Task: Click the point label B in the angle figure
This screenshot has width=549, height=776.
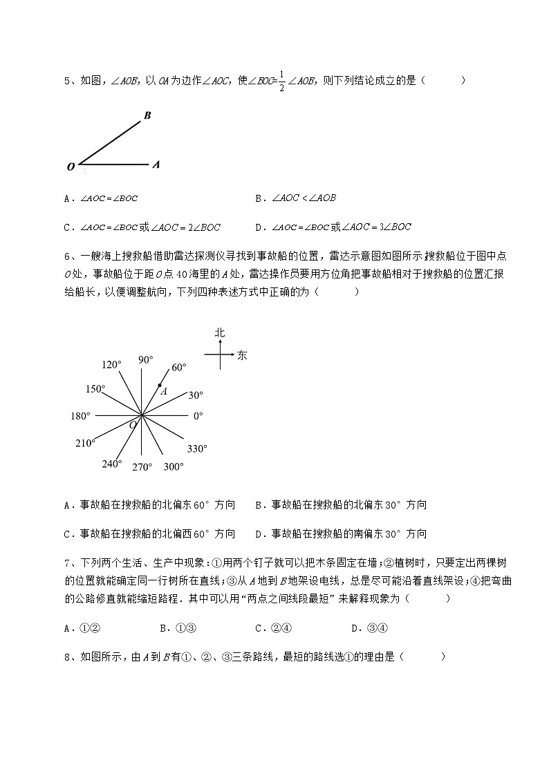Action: pos(147,115)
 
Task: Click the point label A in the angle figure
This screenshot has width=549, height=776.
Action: pos(156,165)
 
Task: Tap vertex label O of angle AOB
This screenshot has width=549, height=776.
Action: pos(71,167)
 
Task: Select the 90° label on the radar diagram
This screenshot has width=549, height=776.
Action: pos(145,359)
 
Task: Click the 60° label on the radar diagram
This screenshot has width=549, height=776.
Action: pos(178,368)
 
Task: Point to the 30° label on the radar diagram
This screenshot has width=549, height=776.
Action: pos(196,395)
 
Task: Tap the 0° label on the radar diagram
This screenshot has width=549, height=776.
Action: pos(198,416)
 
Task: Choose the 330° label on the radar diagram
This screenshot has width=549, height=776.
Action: pos(196,448)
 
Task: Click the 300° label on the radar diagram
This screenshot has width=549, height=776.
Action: pos(174,466)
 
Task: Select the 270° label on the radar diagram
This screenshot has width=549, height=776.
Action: pos(142,467)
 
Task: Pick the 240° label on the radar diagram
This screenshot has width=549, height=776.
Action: pos(111,464)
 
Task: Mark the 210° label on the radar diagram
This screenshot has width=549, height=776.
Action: pos(85,443)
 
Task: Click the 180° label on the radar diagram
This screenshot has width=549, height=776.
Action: pos(80,416)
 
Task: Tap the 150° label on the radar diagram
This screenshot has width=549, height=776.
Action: pos(95,388)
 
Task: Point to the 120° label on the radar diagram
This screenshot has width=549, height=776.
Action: pos(111,364)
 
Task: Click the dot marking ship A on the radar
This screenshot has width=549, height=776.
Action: pos(160,386)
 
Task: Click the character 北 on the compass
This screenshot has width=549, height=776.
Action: pos(220,333)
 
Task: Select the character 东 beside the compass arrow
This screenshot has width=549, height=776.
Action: pos(242,356)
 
